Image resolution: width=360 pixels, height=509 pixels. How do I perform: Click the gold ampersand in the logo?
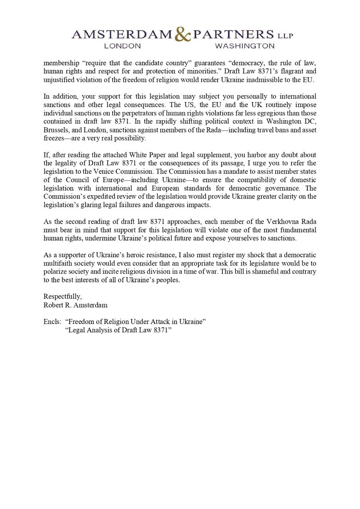point(183,35)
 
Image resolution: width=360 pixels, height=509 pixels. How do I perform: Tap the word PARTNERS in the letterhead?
point(234,35)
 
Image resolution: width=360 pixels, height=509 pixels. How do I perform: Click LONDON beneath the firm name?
point(123,46)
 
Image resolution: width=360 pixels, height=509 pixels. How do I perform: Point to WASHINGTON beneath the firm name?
point(245,46)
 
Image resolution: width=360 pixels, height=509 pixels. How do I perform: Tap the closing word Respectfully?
point(62,297)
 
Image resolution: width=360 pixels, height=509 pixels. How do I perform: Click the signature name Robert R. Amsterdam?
point(76,305)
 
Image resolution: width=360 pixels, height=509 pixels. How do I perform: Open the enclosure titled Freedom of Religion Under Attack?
point(135,322)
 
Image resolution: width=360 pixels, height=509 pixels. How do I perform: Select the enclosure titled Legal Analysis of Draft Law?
point(118,330)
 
